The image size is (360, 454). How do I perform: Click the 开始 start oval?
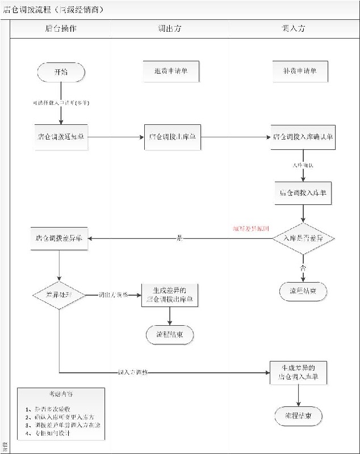click(61, 72)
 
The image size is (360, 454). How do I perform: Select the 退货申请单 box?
click(171, 72)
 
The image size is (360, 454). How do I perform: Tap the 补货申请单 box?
click(300, 72)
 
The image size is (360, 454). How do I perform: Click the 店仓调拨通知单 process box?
click(60, 137)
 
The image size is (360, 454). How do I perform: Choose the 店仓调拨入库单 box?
click(302, 192)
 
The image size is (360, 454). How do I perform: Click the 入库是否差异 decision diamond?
click(303, 239)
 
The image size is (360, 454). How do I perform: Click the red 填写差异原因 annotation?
click(251, 228)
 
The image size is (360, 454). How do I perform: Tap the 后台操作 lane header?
click(60, 28)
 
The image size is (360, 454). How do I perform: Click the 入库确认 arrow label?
click(303, 165)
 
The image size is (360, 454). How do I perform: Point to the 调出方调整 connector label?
click(113, 295)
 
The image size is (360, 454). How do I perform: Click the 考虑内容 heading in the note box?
click(61, 393)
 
